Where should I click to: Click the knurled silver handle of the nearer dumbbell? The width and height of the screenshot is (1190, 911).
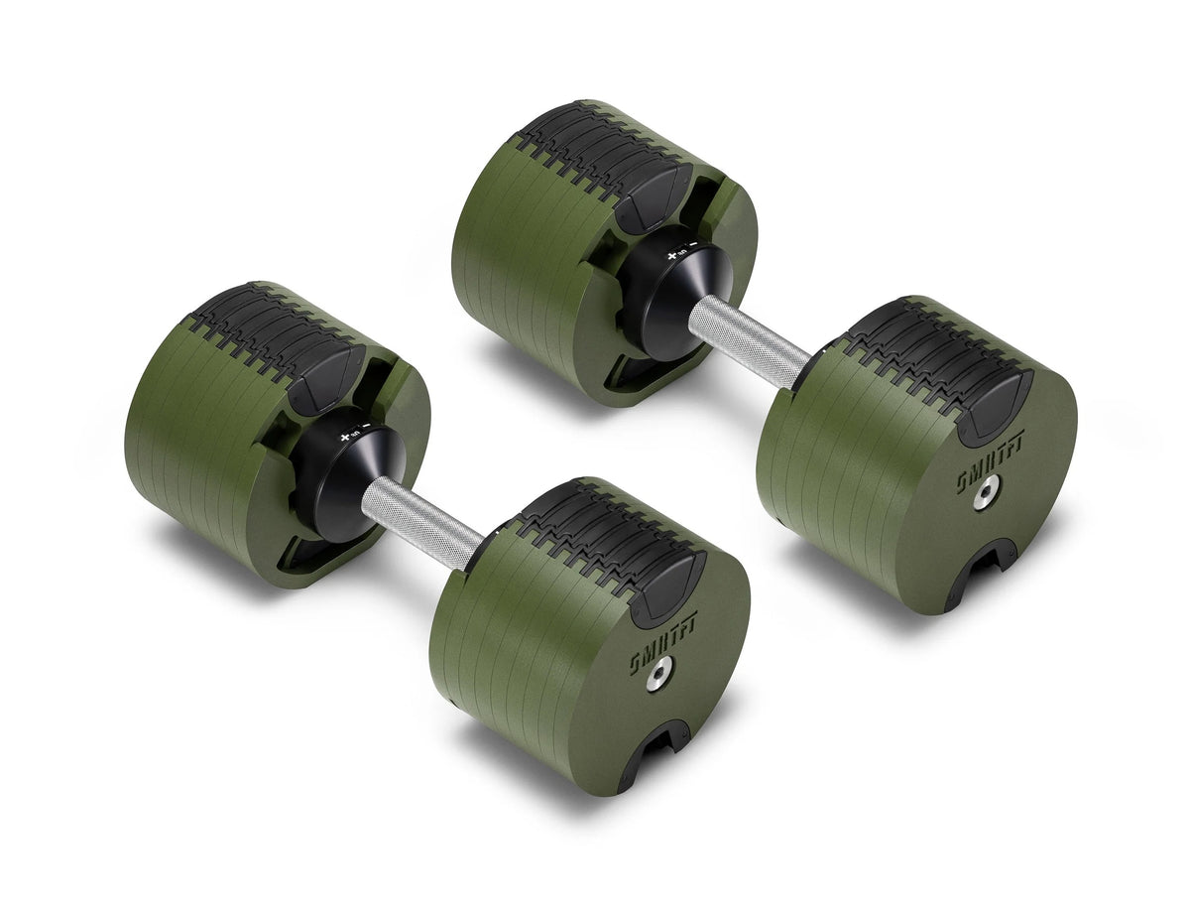(421, 521)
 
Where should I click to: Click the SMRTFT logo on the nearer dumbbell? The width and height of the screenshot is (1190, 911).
(663, 643)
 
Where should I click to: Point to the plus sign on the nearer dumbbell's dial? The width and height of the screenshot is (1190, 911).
(345, 437)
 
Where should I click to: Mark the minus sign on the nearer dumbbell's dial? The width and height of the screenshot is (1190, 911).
(368, 426)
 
